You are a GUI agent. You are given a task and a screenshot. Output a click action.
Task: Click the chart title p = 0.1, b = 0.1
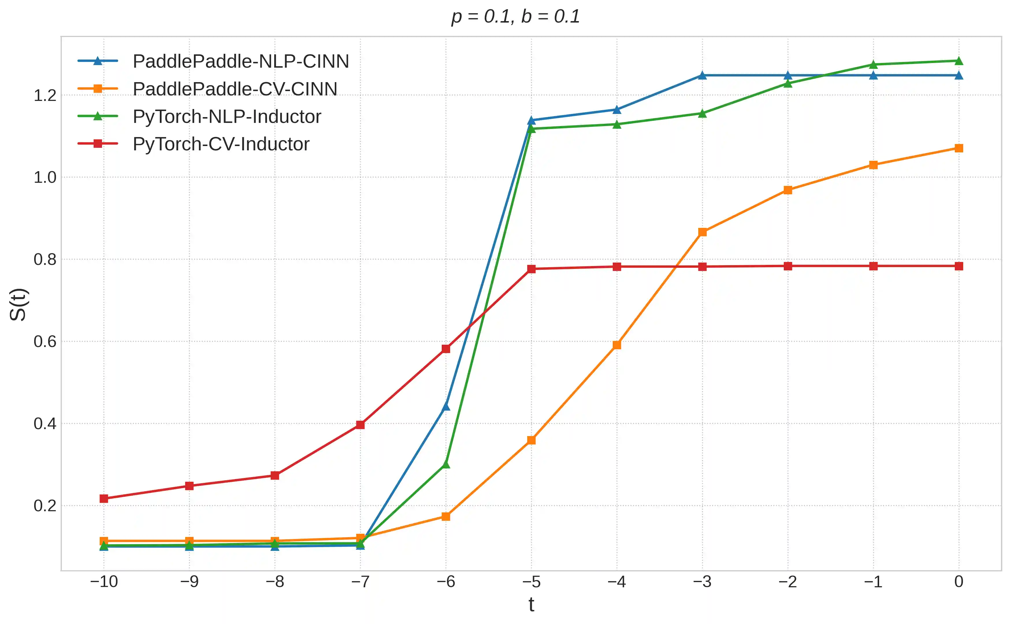click(515, 16)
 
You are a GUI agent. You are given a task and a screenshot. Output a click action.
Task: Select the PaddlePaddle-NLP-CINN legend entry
click(240, 62)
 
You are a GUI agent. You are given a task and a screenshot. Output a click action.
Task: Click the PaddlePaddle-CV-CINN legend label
click(235, 89)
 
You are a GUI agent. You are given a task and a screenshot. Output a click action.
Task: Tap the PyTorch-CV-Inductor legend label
click(220, 144)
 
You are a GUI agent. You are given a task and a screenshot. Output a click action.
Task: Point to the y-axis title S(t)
click(18, 304)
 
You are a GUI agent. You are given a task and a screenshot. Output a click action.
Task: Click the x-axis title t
click(531, 605)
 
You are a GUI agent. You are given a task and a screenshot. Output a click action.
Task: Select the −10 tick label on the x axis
click(104, 582)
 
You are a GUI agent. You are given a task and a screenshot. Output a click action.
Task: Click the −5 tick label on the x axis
click(531, 582)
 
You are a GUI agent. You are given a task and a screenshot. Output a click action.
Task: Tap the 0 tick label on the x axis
click(959, 582)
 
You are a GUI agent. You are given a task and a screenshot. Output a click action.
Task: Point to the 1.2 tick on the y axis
click(44, 96)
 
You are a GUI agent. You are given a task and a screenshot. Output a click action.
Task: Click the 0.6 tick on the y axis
click(44, 342)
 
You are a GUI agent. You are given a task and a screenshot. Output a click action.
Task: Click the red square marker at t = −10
click(104, 499)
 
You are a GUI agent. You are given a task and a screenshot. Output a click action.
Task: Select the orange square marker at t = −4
click(617, 345)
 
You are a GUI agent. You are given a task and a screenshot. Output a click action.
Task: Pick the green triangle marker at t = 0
click(959, 61)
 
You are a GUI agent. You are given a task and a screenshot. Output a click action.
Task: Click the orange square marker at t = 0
click(959, 148)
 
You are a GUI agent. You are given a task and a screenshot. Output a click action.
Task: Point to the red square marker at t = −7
click(360, 425)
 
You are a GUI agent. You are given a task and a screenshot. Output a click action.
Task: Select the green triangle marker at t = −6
click(446, 465)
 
